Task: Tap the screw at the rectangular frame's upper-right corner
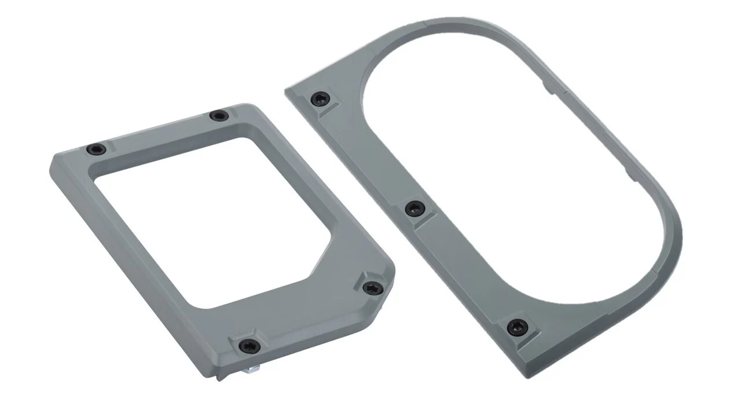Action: tap(218, 116)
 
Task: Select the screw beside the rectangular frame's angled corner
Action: tap(370, 287)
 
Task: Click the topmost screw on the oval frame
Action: tap(320, 99)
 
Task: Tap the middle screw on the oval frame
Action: tap(414, 209)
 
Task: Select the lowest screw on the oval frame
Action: tap(516, 327)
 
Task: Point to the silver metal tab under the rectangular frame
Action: tap(252, 368)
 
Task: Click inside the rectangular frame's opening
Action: tap(208, 220)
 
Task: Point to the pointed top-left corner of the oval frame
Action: tap(288, 91)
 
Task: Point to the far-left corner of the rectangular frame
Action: tap(52, 162)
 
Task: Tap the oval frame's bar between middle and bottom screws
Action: tap(463, 266)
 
